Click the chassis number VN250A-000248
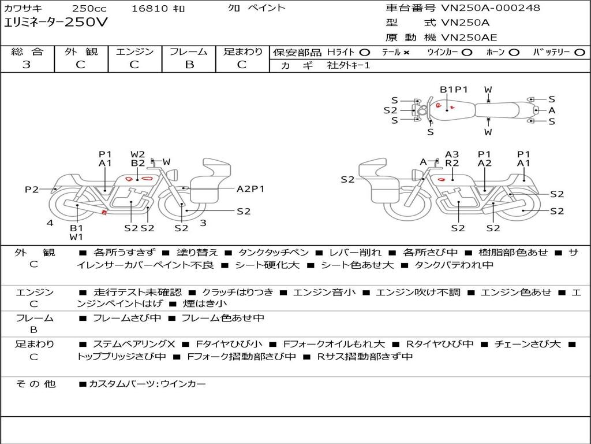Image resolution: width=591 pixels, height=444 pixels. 491,8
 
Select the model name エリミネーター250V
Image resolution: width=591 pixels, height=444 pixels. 55,23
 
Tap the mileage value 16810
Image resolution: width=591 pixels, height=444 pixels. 149,9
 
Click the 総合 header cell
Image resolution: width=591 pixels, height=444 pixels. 27,52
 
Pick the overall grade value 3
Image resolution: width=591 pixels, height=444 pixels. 27,65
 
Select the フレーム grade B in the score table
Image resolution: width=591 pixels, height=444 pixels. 189,65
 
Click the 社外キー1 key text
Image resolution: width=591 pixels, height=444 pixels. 349,65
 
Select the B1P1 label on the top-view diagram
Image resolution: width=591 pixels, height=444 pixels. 454,90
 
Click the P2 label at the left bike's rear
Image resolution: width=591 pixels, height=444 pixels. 32,189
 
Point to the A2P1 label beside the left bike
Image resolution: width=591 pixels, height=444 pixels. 250,188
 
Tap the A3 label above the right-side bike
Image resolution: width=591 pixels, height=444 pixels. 452,154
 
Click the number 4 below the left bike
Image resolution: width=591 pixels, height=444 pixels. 50,223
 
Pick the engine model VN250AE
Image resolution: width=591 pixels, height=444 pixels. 469,38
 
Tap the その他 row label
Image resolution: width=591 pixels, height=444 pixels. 35,384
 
